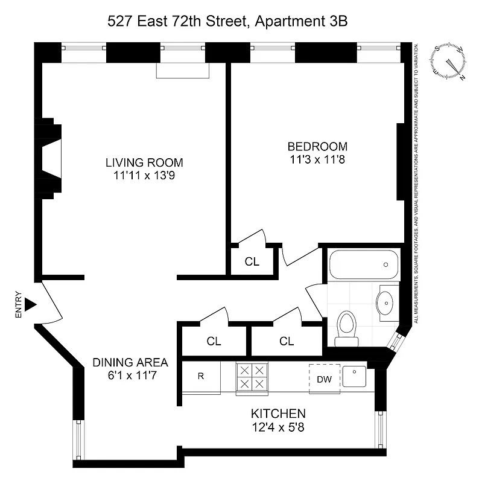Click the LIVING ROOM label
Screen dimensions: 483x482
(x=144, y=162)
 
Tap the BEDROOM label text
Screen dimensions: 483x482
(x=317, y=147)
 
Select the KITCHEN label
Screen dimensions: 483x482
(x=278, y=414)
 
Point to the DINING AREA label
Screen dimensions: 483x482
(x=130, y=363)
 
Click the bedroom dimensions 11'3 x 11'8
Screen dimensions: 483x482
(x=317, y=160)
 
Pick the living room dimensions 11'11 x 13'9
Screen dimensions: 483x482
(x=144, y=176)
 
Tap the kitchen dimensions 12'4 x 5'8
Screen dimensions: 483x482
(x=278, y=427)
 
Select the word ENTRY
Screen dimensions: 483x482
(x=19, y=305)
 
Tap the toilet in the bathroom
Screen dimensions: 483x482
(x=346, y=327)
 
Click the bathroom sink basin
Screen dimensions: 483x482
(x=384, y=299)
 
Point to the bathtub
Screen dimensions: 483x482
(x=364, y=264)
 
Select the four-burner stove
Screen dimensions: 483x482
(x=252, y=377)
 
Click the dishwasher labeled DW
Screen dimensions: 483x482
(x=325, y=379)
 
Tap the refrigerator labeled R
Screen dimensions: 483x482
(x=201, y=376)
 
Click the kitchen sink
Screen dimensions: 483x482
(x=355, y=377)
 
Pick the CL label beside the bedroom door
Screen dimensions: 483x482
(x=252, y=261)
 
